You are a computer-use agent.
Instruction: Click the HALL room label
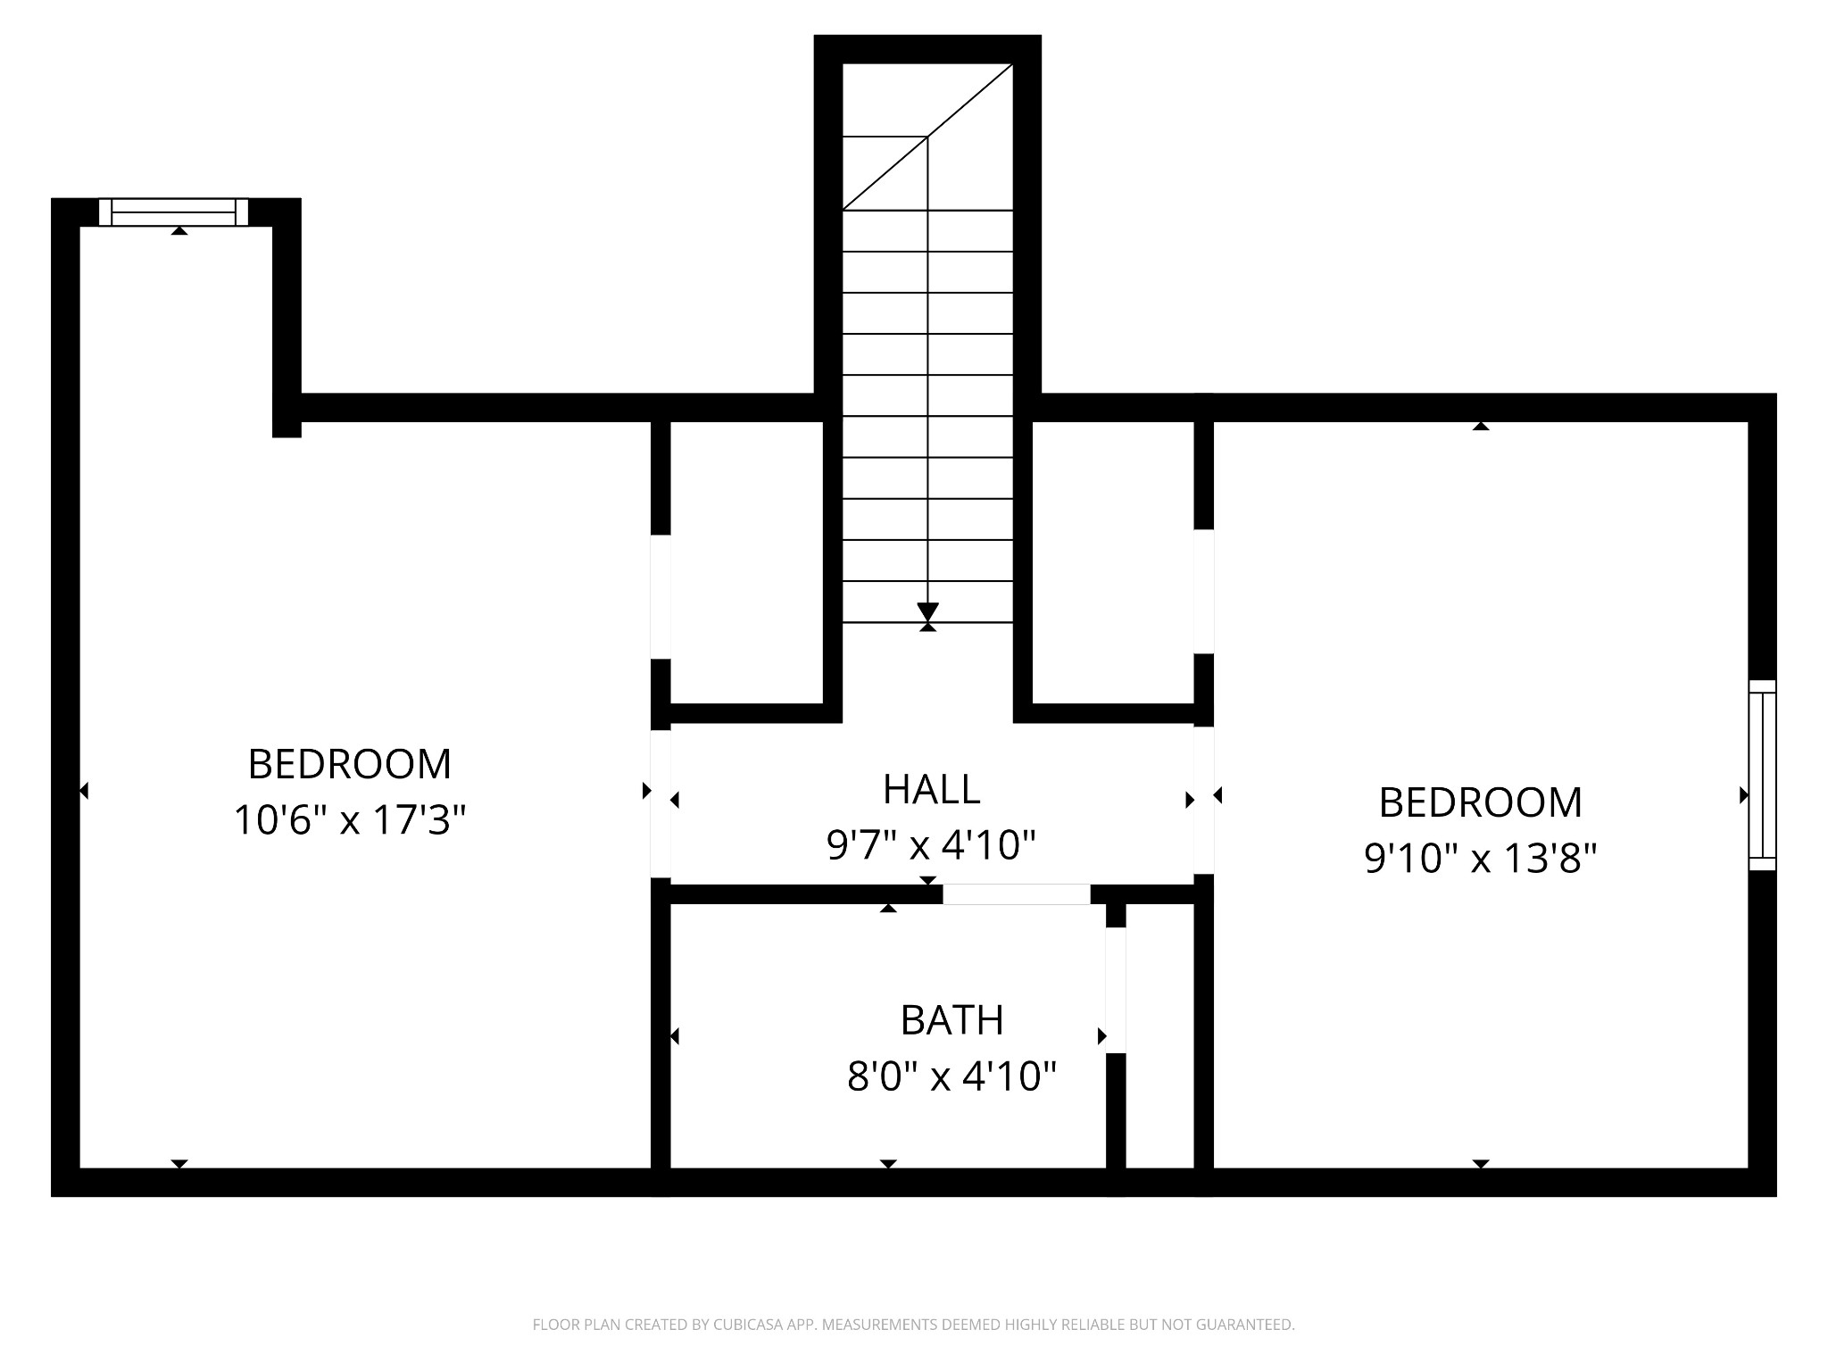pyautogui.click(x=931, y=789)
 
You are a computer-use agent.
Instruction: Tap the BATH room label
pyautogui.click(x=951, y=1020)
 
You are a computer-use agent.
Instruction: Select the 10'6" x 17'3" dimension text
pyautogui.click(x=350, y=820)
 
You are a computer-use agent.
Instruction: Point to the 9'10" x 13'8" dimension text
pyautogui.click(x=1480, y=859)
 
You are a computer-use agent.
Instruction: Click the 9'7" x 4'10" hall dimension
pyautogui.click(x=931, y=844)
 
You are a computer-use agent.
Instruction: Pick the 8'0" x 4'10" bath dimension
pyautogui.click(x=951, y=1076)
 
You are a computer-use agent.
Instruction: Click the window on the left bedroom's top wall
pyautogui.click(x=173, y=212)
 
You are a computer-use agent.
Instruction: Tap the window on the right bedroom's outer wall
pyautogui.click(x=1762, y=775)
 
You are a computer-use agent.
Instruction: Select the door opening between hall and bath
pyautogui.click(x=1017, y=894)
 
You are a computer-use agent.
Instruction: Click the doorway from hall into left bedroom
pyautogui.click(x=661, y=803)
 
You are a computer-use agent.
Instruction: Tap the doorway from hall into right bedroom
pyautogui.click(x=1204, y=800)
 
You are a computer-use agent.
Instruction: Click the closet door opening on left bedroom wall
pyautogui.click(x=661, y=597)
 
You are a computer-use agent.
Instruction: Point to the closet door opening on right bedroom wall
pyautogui.click(x=1204, y=592)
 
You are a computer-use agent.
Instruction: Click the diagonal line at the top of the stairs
pyautogui.click(x=927, y=137)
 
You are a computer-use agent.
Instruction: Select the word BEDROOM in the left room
pyautogui.click(x=350, y=764)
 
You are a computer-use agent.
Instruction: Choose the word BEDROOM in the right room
pyautogui.click(x=1480, y=802)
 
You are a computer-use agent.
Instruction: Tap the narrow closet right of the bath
pyautogui.click(x=1159, y=1035)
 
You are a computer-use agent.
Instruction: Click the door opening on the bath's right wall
pyautogui.click(x=1116, y=991)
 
